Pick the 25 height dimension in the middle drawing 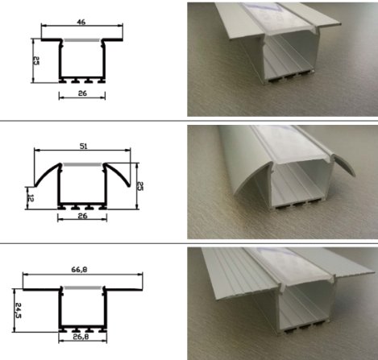tap(139, 185)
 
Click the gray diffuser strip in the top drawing tap(81, 39)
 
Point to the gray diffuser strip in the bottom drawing tap(81, 289)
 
